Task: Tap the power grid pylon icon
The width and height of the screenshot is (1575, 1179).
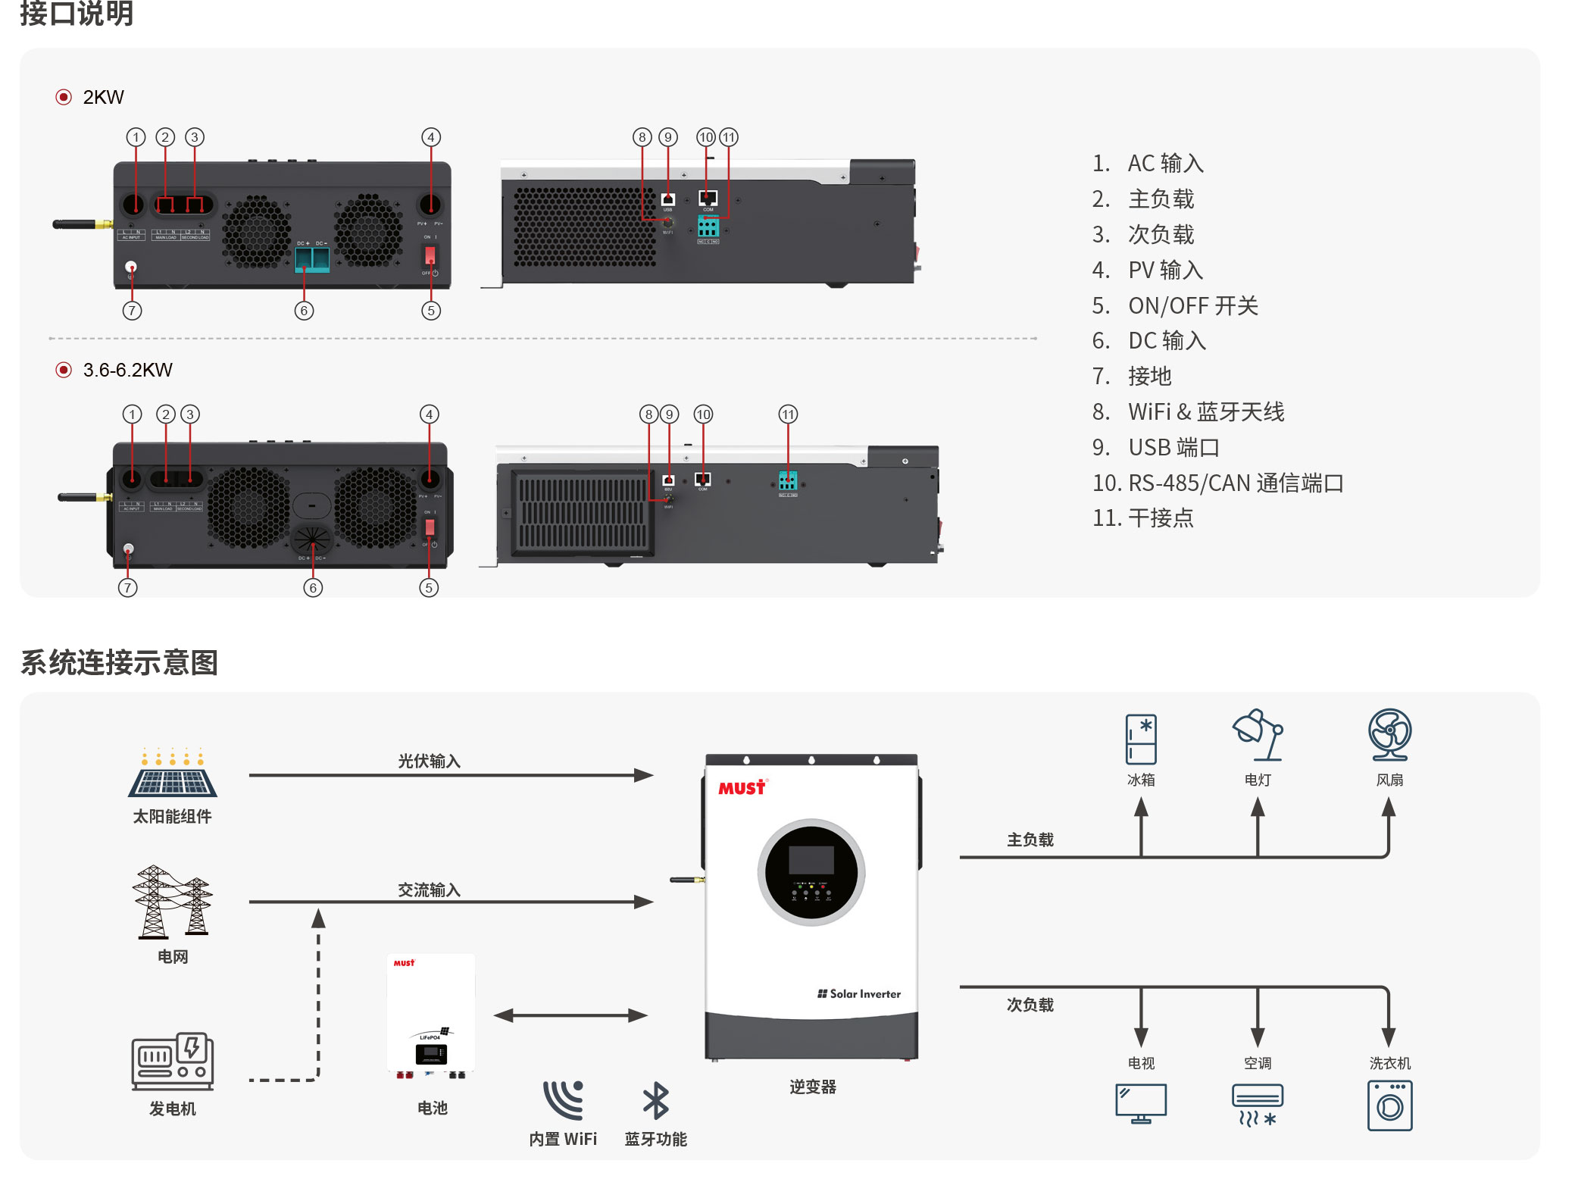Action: click(x=173, y=902)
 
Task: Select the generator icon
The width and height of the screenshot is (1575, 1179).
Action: click(x=173, y=1061)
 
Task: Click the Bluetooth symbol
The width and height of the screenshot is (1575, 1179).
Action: click(x=655, y=1100)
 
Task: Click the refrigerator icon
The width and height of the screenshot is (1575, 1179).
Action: click(x=1141, y=739)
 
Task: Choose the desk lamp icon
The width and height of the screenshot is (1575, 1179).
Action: click(x=1258, y=734)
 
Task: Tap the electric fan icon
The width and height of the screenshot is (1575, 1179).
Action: click(x=1389, y=734)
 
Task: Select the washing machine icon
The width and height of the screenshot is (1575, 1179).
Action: click(x=1389, y=1106)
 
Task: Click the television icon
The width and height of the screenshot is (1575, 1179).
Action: click(x=1141, y=1103)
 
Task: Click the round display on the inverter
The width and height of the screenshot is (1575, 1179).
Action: click(x=811, y=872)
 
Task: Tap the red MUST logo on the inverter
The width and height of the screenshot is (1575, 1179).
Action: click(x=742, y=787)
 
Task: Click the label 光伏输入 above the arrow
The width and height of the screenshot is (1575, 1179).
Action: click(x=430, y=761)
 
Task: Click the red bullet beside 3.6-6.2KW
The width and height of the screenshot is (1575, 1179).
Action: click(x=64, y=370)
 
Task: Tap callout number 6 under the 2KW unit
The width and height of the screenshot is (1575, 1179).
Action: click(x=304, y=310)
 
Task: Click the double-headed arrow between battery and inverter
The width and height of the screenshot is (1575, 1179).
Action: click(x=570, y=1015)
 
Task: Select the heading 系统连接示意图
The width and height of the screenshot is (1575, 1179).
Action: click(x=119, y=662)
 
